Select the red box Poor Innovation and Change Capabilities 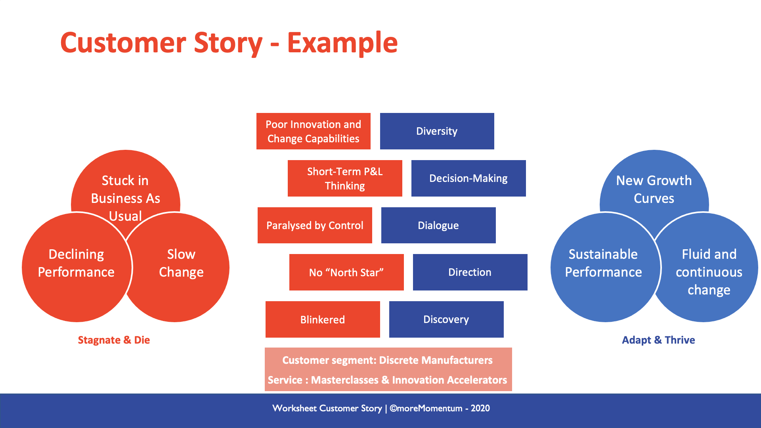click(x=313, y=131)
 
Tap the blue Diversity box click(x=437, y=131)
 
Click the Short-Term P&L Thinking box click(x=345, y=178)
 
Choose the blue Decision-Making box click(x=468, y=178)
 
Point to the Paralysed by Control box click(x=315, y=225)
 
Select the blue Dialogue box click(x=438, y=225)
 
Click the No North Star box click(x=346, y=272)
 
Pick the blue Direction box click(x=470, y=272)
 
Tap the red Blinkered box click(x=323, y=319)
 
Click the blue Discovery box click(x=446, y=319)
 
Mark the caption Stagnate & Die click(x=114, y=340)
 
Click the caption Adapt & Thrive click(x=658, y=340)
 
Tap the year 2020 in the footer click(x=480, y=408)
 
